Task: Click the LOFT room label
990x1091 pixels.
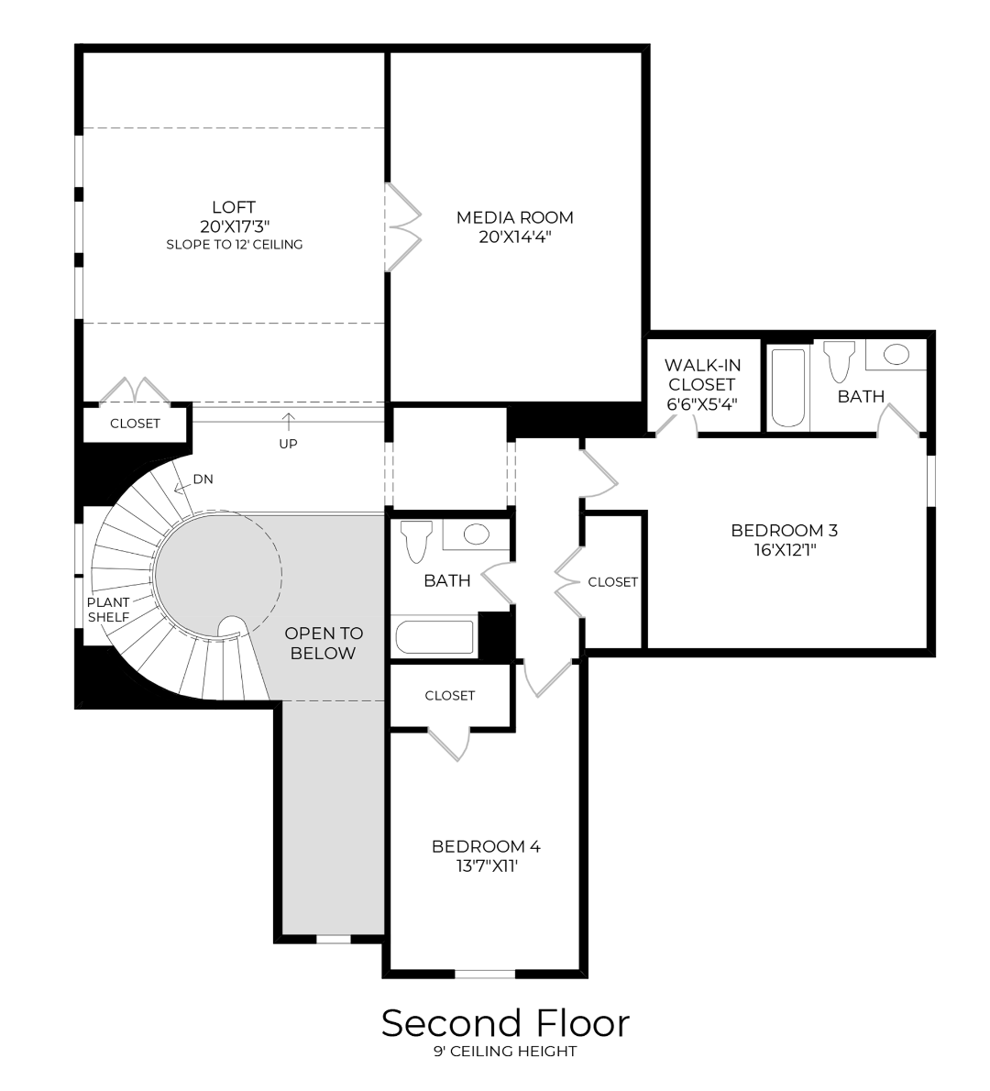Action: click(x=234, y=207)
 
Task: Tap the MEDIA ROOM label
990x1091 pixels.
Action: click(x=515, y=218)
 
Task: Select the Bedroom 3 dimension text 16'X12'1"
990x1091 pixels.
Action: click(x=785, y=550)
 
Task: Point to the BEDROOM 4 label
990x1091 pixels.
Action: click(x=486, y=847)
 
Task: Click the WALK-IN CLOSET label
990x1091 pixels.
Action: click(x=702, y=375)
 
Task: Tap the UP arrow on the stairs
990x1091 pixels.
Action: click(x=288, y=422)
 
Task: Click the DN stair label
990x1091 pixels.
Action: click(x=203, y=479)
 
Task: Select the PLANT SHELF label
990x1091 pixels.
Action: click(x=108, y=610)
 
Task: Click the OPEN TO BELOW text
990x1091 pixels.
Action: click(x=324, y=643)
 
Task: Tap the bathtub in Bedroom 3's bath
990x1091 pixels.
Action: click(x=788, y=388)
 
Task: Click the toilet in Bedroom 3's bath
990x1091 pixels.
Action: click(x=839, y=360)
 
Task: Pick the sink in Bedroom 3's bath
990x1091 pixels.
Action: click(x=896, y=354)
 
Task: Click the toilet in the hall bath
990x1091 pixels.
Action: click(x=416, y=541)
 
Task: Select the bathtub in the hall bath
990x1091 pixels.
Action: click(x=434, y=636)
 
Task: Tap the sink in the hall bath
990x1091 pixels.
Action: click(x=477, y=534)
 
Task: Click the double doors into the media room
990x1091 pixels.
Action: click(x=403, y=226)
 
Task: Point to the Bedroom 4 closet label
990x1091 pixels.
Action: click(x=450, y=696)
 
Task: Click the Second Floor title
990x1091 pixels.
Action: click(x=505, y=1023)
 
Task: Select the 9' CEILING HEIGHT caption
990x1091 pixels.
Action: click(x=505, y=1052)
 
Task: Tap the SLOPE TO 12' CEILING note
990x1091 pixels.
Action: click(x=235, y=244)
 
